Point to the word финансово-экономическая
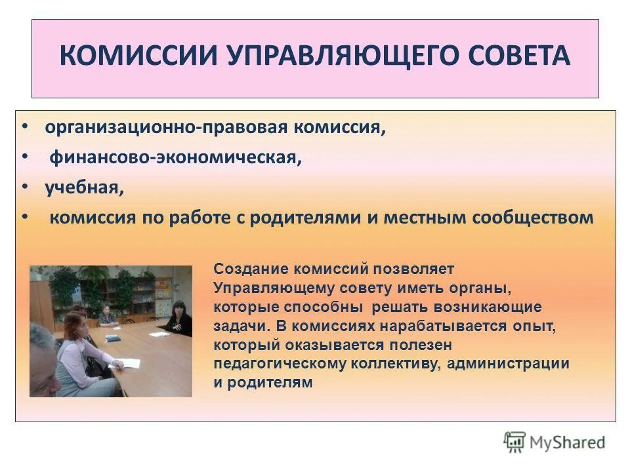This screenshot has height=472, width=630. [176, 158]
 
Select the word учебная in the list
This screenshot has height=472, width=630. [83, 188]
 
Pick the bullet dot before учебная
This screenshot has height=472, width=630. [25, 187]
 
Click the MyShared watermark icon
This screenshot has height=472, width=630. [514, 442]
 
